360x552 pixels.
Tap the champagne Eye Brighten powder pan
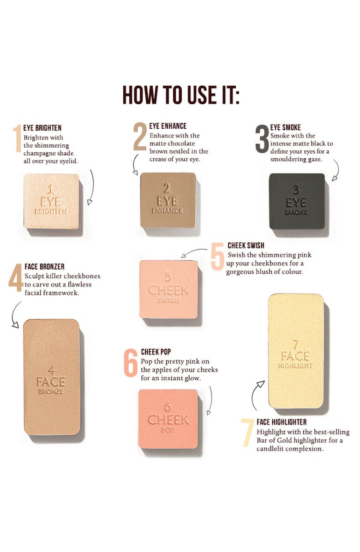pyautogui.click(x=52, y=201)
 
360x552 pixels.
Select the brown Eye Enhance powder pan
pyautogui.click(x=168, y=200)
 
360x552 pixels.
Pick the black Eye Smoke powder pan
pyautogui.click(x=297, y=201)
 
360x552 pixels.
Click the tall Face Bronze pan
pyautogui.click(x=52, y=377)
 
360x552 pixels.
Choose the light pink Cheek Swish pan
pyautogui.click(x=168, y=289)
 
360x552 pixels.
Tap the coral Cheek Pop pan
pyautogui.click(x=168, y=419)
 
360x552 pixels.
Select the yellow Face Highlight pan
pyautogui.click(x=295, y=351)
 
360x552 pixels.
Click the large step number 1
pyautogui.click(x=18, y=139)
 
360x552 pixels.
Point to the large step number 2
pyautogui.click(x=140, y=136)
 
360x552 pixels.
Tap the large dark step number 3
pyautogui.click(x=262, y=139)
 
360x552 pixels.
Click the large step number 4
pyautogui.click(x=16, y=277)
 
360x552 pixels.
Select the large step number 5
pyautogui.click(x=217, y=256)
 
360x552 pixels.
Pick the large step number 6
pyautogui.click(x=131, y=363)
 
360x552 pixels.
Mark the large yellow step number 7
pyautogui.click(x=247, y=432)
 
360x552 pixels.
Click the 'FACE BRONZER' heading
pyautogui.click(x=45, y=266)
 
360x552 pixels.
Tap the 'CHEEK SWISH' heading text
pyautogui.click(x=246, y=246)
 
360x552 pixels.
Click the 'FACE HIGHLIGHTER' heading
pyautogui.click(x=282, y=422)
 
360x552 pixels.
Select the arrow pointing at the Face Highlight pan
pyautogui.click(x=256, y=395)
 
